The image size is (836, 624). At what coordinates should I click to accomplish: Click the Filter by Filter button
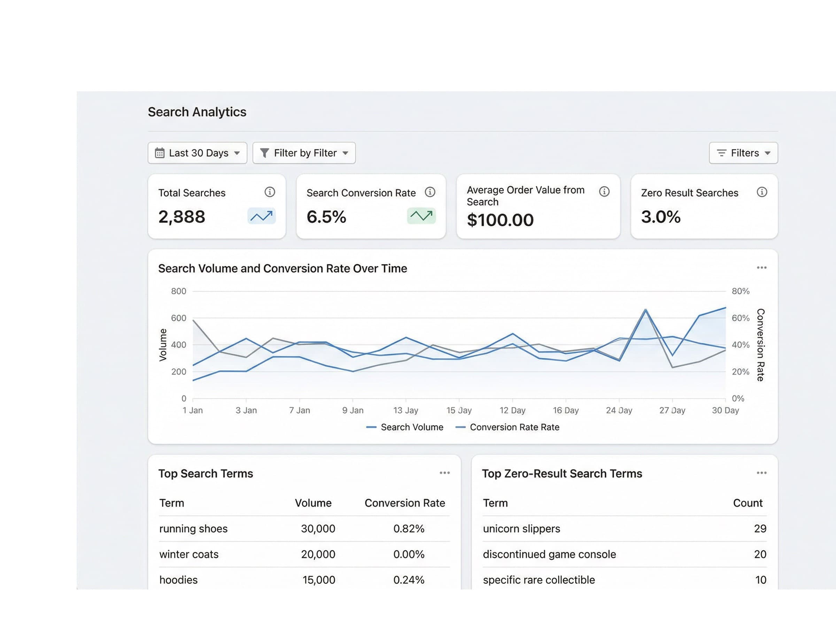point(304,153)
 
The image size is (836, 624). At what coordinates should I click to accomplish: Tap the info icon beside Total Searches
point(269,192)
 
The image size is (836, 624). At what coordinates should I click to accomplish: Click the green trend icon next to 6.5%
point(421,216)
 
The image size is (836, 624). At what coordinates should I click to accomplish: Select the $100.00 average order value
point(500,220)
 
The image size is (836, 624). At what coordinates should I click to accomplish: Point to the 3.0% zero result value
point(660,217)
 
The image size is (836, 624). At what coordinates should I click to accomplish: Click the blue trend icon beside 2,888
point(261,216)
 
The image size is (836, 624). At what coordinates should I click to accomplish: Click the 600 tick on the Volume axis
point(178,318)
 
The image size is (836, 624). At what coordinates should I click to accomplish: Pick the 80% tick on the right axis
point(740,291)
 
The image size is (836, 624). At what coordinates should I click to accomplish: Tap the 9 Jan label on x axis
point(353,410)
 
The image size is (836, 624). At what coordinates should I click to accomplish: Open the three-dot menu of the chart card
point(761,268)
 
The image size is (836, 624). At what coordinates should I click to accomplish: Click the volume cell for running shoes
point(318,529)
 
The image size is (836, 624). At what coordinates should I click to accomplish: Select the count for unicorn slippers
point(760,529)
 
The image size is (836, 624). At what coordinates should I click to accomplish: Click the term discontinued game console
point(549,554)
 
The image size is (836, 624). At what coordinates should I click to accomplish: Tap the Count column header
point(747,503)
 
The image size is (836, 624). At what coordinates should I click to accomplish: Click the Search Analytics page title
point(197,112)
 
